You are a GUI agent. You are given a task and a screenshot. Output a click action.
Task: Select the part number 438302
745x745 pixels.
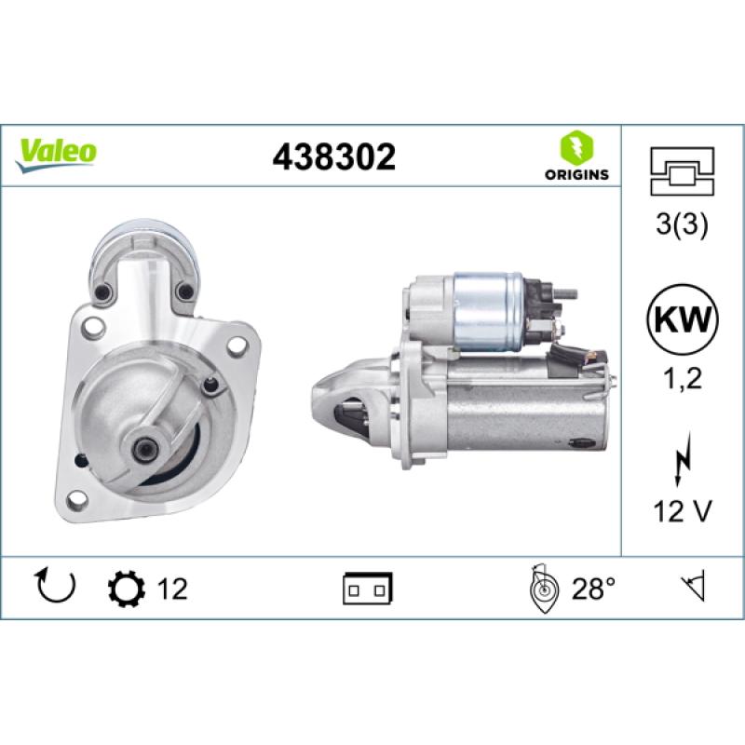(333, 156)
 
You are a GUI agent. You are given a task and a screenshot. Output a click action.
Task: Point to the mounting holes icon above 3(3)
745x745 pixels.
(683, 171)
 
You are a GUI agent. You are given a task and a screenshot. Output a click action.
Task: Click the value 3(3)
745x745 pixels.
(683, 226)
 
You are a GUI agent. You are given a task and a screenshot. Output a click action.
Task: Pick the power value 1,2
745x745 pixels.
(683, 379)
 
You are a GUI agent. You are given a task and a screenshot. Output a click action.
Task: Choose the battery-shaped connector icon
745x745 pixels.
(368, 589)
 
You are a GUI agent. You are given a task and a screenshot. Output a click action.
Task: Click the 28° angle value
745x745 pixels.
(593, 589)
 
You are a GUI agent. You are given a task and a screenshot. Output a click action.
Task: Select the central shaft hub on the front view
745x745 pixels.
(146, 448)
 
